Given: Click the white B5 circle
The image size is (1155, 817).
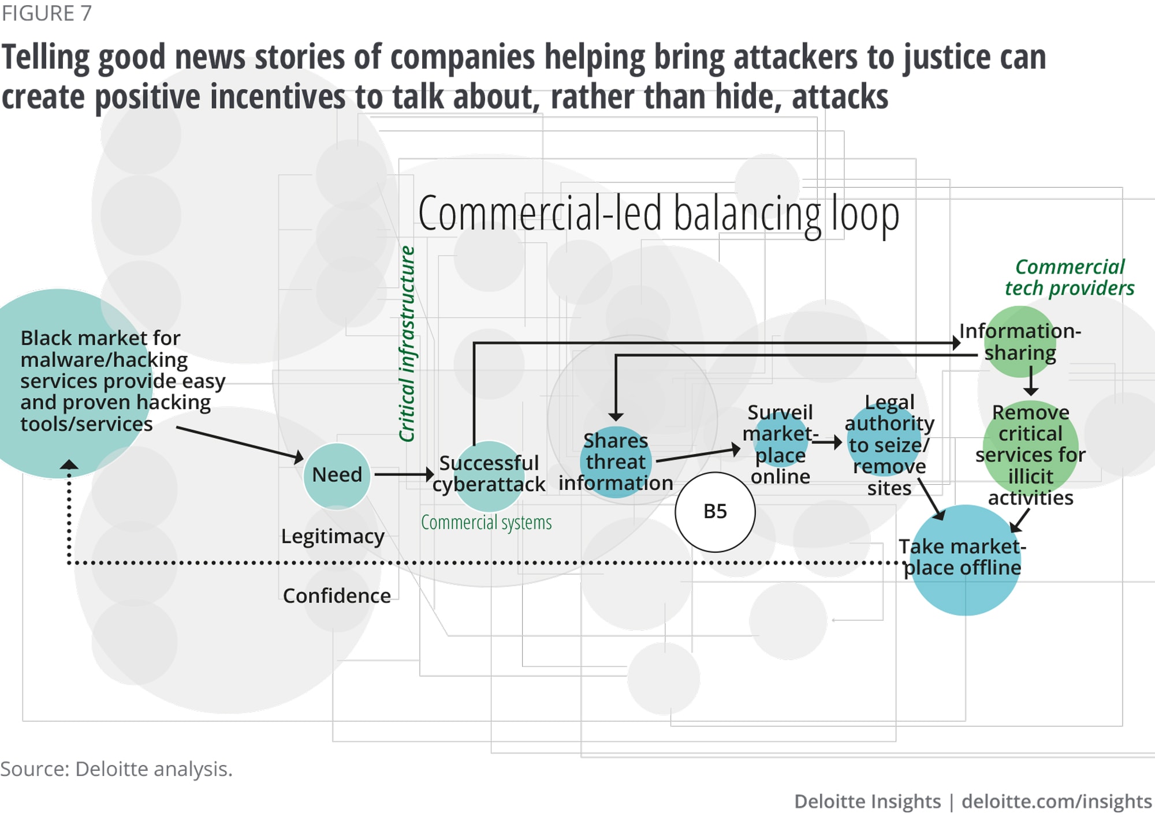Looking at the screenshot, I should pos(715,512).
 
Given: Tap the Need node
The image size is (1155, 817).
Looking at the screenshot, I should pos(337,475).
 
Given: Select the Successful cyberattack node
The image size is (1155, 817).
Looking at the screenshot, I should pos(489,474).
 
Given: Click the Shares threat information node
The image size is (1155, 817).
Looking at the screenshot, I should pos(616,462).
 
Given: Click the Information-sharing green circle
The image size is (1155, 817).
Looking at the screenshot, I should pos(1020,342).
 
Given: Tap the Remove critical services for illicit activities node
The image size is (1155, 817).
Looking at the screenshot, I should pos(1031,455).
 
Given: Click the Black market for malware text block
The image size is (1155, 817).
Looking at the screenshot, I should pos(115,381).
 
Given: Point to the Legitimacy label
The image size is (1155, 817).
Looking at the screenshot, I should pos(333,537).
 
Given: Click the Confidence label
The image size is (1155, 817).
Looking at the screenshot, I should pos(337,596).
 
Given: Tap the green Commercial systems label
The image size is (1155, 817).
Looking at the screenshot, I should pos(486,523).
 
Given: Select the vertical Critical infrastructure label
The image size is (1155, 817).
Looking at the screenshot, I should pos(407,344).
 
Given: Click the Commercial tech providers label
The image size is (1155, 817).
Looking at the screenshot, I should pos(1070,278).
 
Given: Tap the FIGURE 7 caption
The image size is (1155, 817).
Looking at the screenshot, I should pos(46,13).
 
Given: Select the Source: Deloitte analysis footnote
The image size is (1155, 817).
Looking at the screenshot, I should pos(116,769).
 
